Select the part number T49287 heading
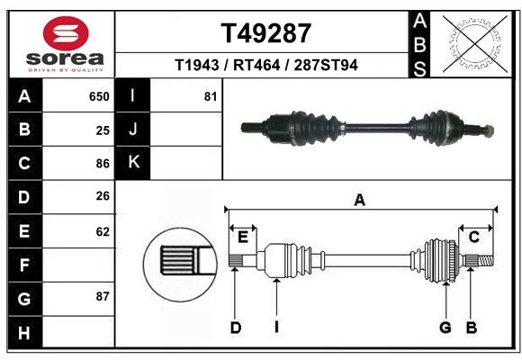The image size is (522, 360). coord(266,33)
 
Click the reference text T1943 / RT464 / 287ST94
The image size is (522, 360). coord(266,65)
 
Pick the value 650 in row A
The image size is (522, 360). coord(99,96)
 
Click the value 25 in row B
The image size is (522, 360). coord(103,130)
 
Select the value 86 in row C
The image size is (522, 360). coord(103,164)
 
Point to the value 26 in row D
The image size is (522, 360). coord(103,197)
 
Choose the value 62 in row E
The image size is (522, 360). coord(103,231)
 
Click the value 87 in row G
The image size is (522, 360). coord(103,296)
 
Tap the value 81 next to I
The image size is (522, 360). coord(211,96)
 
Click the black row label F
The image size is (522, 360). coord(24,265)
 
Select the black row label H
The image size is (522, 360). coord(24,332)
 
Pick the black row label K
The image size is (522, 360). coord(133,163)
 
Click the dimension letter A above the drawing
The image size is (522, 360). coord(360,200)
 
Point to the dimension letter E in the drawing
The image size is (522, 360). coord(243,237)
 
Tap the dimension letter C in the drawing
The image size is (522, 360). coord(472,237)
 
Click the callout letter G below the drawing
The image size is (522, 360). coord(445,328)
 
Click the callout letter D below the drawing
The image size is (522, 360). coord(235,328)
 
